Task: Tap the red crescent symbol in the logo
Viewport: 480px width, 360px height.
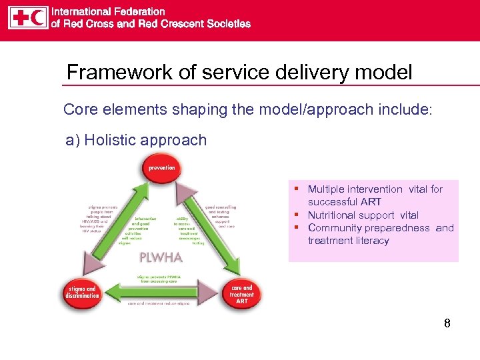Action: tap(38, 17)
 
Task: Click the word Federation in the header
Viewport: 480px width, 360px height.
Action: tap(139, 11)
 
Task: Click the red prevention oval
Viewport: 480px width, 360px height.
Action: tap(162, 169)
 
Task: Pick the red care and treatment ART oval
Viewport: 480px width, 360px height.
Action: tap(241, 293)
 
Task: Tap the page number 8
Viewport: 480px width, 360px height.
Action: tap(447, 324)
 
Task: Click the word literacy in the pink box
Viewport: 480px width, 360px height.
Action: tap(373, 241)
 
